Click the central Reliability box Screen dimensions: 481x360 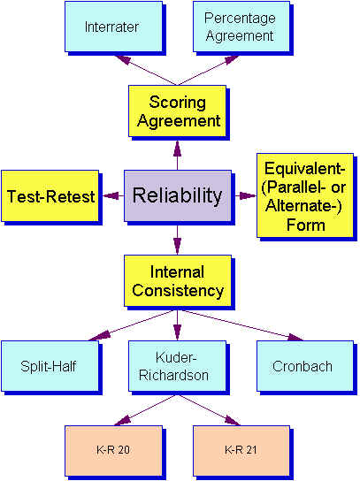point(177,195)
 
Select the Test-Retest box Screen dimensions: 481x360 point(50,196)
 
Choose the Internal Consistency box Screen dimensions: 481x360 point(178,280)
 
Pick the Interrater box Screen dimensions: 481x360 point(111,27)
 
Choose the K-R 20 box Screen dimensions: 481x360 point(113,450)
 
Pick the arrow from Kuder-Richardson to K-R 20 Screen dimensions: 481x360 point(145,408)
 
